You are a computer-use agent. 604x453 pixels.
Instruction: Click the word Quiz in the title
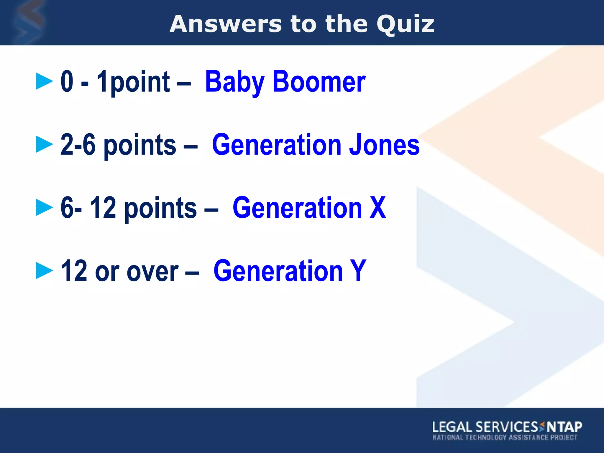[405, 24]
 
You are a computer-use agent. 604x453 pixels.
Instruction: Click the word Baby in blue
[235, 82]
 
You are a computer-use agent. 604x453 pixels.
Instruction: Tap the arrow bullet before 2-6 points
[44, 144]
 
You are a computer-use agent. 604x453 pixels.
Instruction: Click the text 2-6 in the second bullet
[78, 145]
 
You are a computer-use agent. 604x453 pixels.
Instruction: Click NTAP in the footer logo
[564, 427]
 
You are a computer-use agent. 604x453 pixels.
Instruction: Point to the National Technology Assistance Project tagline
[505, 437]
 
